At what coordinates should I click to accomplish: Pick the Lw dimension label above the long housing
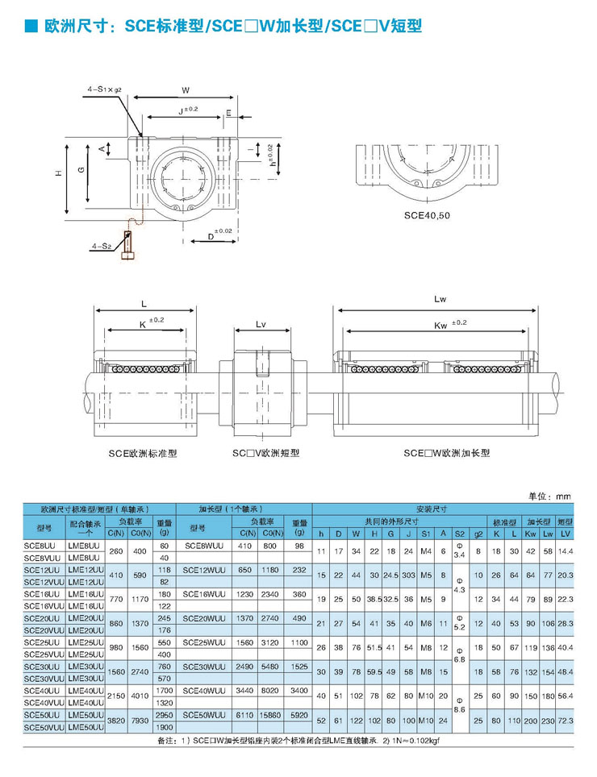[x=440, y=299]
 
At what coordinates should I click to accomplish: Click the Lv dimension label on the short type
[x=261, y=324]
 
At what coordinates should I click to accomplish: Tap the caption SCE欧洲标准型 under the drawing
[x=143, y=453]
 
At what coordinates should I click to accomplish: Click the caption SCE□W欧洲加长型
[x=447, y=453]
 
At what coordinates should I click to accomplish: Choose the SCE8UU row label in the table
[x=40, y=545]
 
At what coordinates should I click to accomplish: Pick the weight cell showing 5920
[x=300, y=715]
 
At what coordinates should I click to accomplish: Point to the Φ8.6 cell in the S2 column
[x=459, y=702]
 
